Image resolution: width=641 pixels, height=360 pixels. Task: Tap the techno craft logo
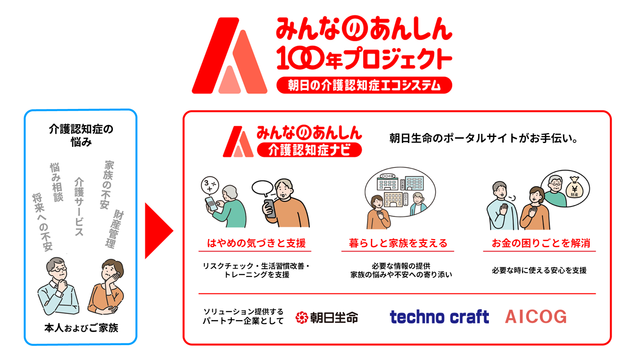pyautogui.click(x=439, y=317)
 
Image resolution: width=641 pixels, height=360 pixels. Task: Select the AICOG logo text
pyautogui.click(x=536, y=317)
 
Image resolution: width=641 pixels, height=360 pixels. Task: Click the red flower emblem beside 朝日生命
pyautogui.click(x=302, y=317)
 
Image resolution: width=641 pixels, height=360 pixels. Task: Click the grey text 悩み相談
pyautogui.click(x=56, y=182)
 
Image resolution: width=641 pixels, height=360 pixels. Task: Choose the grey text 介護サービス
pyautogui.click(x=79, y=207)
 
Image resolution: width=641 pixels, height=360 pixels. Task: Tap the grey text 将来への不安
pyautogui.click(x=42, y=222)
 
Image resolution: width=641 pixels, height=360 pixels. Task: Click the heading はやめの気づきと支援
pyautogui.click(x=256, y=243)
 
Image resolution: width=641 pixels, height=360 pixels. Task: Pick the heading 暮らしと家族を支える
pyautogui.click(x=398, y=243)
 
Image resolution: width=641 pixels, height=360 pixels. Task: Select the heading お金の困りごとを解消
pyautogui.click(x=541, y=243)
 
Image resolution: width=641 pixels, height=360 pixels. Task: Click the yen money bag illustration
pyautogui.click(x=574, y=188)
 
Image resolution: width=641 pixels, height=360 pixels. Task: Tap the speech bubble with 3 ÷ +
pyautogui.click(x=210, y=186)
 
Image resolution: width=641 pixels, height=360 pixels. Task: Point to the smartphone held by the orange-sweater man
pyautogui.click(x=270, y=208)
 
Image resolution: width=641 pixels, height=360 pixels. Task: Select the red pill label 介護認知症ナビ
pyautogui.click(x=309, y=150)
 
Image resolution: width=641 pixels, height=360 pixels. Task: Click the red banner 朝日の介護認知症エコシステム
pyautogui.click(x=364, y=85)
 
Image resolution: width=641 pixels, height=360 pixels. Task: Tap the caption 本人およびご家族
pyautogui.click(x=81, y=328)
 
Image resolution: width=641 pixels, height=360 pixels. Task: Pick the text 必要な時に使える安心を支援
pyautogui.click(x=539, y=270)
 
